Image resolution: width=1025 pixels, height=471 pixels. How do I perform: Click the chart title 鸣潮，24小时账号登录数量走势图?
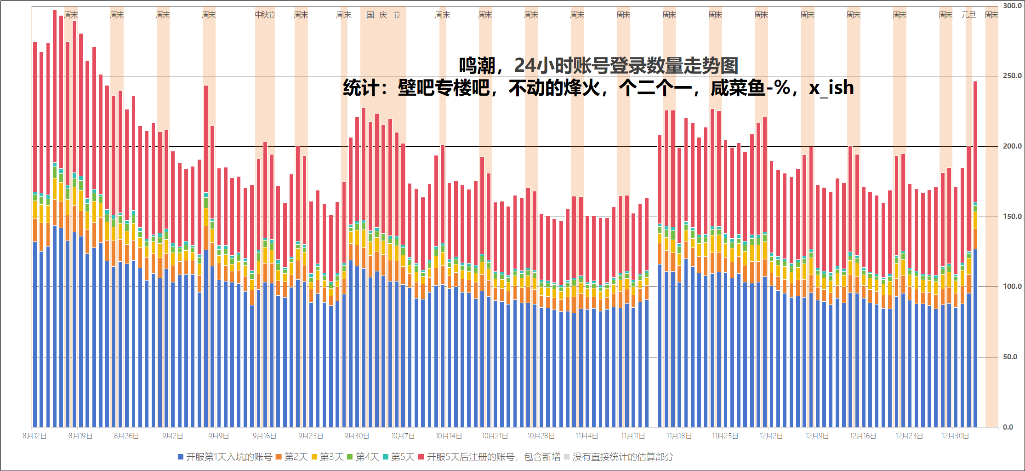tap(598, 66)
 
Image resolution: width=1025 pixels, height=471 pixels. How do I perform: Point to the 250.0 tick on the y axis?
tap(1012, 76)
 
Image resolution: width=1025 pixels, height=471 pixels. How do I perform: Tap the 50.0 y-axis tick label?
tap(1010, 357)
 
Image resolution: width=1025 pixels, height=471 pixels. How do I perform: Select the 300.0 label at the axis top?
tap(1012, 6)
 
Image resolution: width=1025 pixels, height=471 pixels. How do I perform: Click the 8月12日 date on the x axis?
tap(35, 436)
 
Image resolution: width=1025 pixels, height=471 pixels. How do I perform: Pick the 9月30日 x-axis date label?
tap(357, 436)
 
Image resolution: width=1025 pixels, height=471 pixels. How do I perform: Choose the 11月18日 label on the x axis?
tap(679, 436)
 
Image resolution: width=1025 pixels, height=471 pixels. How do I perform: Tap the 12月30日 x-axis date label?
tap(955, 436)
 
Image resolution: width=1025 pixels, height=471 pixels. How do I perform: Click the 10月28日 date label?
tap(541, 436)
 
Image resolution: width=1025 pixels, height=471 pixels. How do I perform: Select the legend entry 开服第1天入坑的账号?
tap(229, 457)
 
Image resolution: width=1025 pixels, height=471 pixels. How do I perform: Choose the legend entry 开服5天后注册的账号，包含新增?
tap(493, 457)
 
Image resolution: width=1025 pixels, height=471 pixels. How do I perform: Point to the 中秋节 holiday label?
tap(265, 15)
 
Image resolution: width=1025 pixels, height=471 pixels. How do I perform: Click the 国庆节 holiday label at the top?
tap(383, 15)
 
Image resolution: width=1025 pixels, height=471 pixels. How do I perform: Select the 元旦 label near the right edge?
tap(968, 15)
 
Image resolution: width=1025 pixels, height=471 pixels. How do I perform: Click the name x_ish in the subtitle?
tap(831, 87)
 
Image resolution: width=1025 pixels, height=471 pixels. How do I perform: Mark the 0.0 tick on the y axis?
tap(1008, 427)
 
